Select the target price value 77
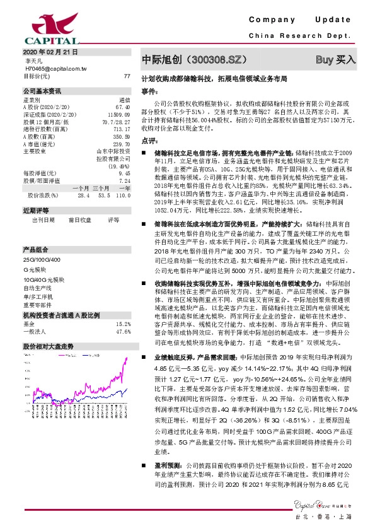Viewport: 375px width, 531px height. pyautogui.click(x=127, y=76)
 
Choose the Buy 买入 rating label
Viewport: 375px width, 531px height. pyautogui.click(x=335, y=60)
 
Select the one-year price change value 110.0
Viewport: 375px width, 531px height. pyautogui.click(x=124, y=195)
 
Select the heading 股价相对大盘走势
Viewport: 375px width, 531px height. pyautogui.click(x=48, y=347)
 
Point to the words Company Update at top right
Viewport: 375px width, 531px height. pyautogui.click(x=308, y=20)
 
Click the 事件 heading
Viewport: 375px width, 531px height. pyautogui.click(x=149, y=91)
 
